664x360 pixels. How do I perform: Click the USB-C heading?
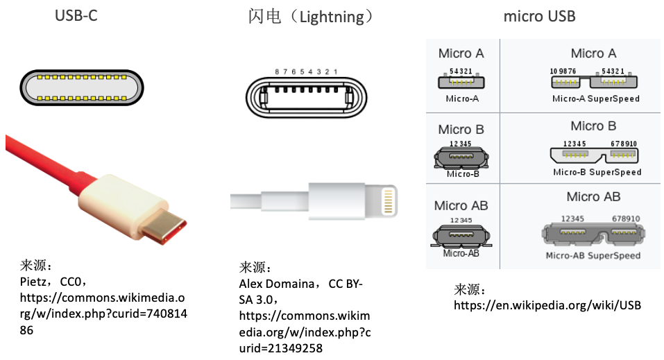point(76,15)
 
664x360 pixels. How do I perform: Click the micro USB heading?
point(539,16)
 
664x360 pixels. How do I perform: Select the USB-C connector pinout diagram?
point(80,87)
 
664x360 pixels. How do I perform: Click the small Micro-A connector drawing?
point(461,82)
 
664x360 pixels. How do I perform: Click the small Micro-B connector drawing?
point(461,158)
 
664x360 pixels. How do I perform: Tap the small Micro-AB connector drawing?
point(461,236)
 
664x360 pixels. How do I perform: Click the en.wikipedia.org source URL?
point(547,305)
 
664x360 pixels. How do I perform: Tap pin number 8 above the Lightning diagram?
point(277,71)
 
